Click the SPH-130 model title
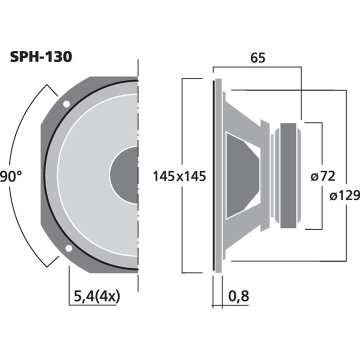[x=41, y=56]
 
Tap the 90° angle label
[x=11, y=176]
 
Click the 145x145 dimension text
[x=179, y=176]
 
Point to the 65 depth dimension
[x=257, y=57]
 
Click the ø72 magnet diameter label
[x=322, y=176]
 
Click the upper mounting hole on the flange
[x=66, y=104]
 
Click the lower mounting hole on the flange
[x=68, y=248]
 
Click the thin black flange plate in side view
[x=217, y=175]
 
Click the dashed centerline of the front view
[x=138, y=125]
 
